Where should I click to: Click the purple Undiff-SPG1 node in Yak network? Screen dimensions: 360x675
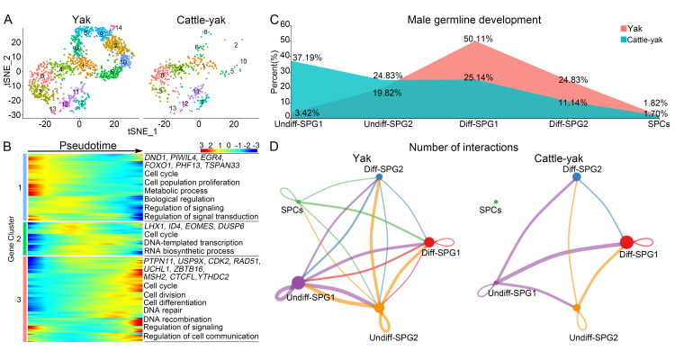(298, 283)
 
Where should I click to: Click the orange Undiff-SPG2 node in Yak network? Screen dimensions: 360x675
(379, 310)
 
